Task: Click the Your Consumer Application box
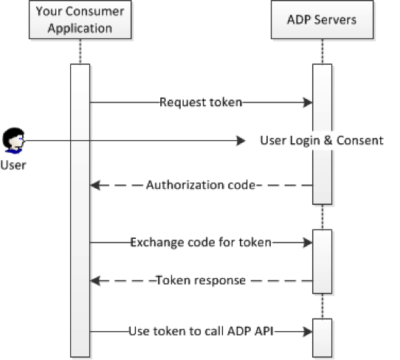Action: pos(80,20)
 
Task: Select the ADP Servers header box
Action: pos(323,20)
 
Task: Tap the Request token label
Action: pos(201,103)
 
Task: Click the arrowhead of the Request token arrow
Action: pos(308,103)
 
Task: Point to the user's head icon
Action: pos(13,140)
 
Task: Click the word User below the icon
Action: pos(13,165)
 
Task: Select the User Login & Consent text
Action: pos(322,140)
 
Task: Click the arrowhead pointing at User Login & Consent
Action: pos(241,140)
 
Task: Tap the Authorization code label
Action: pos(201,185)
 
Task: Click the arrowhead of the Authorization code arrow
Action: pos(95,185)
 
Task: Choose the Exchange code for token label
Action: pos(201,242)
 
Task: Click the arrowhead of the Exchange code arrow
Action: pos(308,242)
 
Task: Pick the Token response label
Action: pos(201,280)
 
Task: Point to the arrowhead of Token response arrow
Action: pos(95,281)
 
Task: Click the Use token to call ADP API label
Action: pos(201,331)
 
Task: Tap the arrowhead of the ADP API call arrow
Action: pos(308,331)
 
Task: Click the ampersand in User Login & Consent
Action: pos(328,140)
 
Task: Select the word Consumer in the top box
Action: pos(94,12)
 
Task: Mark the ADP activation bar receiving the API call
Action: pos(323,338)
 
